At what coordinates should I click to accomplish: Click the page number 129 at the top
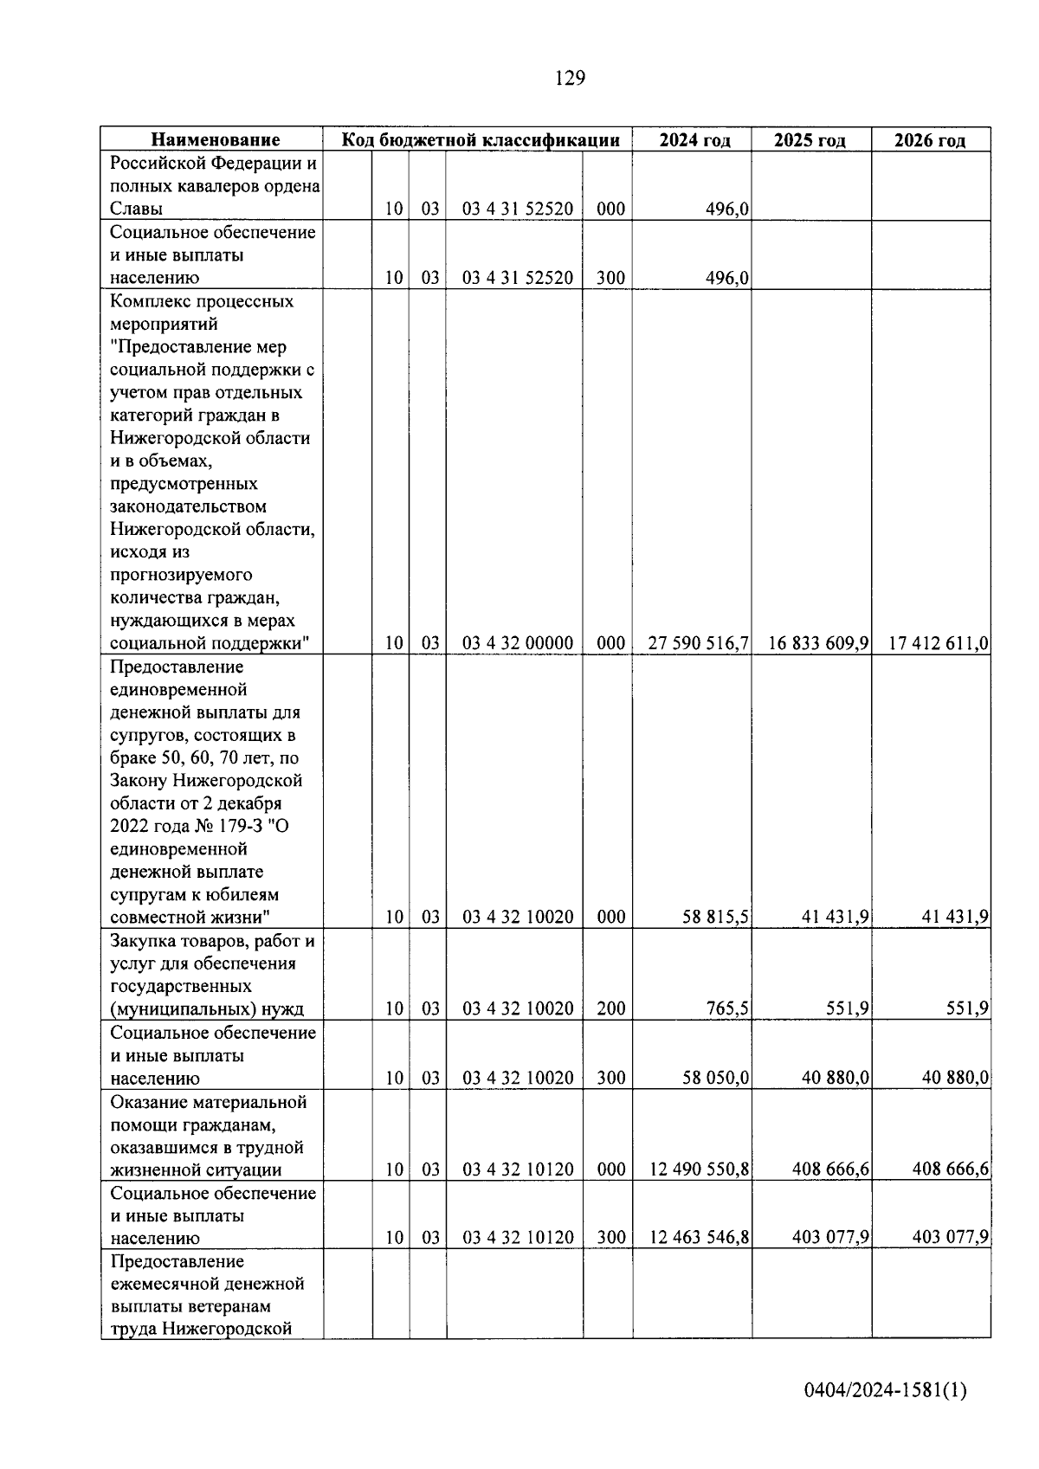click(x=570, y=79)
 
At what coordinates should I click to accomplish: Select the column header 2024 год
click(x=694, y=140)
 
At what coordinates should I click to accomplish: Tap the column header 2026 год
click(x=929, y=140)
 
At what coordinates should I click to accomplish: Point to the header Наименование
click(x=216, y=140)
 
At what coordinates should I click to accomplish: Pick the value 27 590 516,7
click(x=698, y=643)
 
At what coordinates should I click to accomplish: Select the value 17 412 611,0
click(x=939, y=643)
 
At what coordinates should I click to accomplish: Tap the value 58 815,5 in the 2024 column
click(x=715, y=917)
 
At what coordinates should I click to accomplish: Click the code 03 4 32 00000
click(x=517, y=643)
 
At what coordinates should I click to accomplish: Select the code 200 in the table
click(x=610, y=1008)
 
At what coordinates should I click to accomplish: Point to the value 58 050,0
click(x=715, y=1078)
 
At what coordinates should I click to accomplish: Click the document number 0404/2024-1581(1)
click(x=884, y=1390)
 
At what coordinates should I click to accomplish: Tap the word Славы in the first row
click(x=137, y=209)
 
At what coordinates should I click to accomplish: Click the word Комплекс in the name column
click(x=149, y=301)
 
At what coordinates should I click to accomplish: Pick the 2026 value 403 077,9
click(x=950, y=1238)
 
